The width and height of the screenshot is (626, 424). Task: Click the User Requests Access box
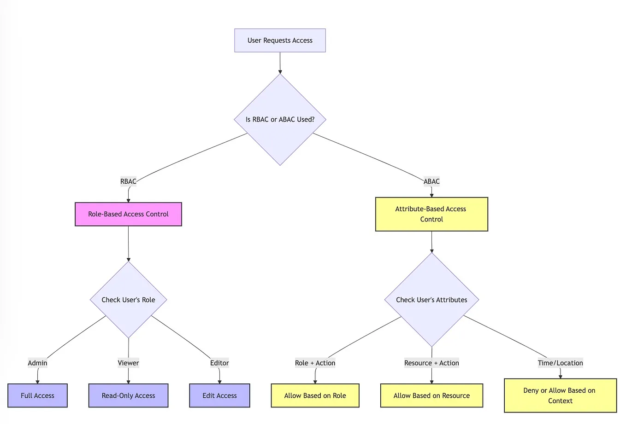pyautogui.click(x=280, y=41)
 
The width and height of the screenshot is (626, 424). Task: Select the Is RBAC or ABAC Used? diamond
pyautogui.click(x=280, y=120)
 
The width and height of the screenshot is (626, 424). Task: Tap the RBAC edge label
pyautogui.click(x=128, y=181)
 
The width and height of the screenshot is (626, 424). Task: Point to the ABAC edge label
pyautogui.click(x=431, y=181)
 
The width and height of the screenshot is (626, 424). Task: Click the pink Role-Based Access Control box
pyautogui.click(x=128, y=214)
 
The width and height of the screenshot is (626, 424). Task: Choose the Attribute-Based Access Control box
pyautogui.click(x=431, y=214)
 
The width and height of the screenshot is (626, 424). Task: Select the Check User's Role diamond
pyautogui.click(x=128, y=300)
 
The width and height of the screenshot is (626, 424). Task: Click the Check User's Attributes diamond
pyautogui.click(x=431, y=300)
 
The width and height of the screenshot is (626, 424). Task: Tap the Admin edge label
pyautogui.click(x=37, y=363)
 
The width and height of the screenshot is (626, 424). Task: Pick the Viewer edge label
pyautogui.click(x=128, y=363)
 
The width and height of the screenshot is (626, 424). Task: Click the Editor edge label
pyautogui.click(x=219, y=363)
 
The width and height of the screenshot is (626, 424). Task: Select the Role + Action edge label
pyautogui.click(x=315, y=363)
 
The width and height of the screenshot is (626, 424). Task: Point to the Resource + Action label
pyautogui.click(x=431, y=363)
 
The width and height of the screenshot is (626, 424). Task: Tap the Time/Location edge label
pyautogui.click(x=560, y=363)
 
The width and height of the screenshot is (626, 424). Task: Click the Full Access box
pyautogui.click(x=37, y=395)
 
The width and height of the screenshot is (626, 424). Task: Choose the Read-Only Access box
pyautogui.click(x=128, y=395)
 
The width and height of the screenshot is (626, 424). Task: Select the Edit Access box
pyautogui.click(x=219, y=395)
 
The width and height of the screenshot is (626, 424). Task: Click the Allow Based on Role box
pyautogui.click(x=315, y=395)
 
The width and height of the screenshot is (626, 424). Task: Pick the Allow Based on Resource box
pyautogui.click(x=431, y=395)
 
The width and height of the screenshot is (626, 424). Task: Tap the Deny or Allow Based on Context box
pyautogui.click(x=560, y=395)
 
